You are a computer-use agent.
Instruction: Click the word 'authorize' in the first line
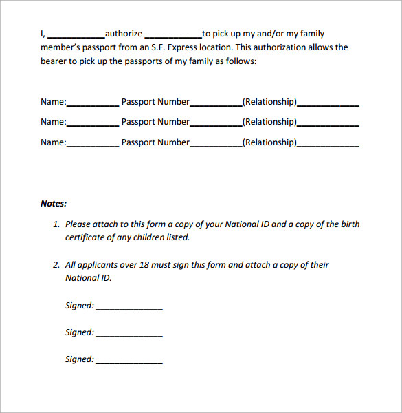(x=124, y=34)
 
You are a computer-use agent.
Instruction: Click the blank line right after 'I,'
(x=76, y=36)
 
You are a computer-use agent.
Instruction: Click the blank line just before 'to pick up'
(x=173, y=36)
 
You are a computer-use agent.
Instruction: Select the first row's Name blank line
(x=93, y=105)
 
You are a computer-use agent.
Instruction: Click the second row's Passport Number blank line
(x=216, y=125)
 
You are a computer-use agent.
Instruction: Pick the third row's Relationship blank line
(x=328, y=145)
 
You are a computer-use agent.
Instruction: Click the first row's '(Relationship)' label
(x=269, y=102)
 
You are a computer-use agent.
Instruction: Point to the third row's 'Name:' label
(x=53, y=142)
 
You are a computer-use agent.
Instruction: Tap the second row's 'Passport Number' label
(x=155, y=122)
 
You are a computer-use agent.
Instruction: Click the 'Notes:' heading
(x=54, y=204)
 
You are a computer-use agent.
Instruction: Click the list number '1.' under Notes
(x=56, y=224)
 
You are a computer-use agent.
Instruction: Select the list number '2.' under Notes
(x=56, y=265)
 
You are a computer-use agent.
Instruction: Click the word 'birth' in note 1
(x=348, y=224)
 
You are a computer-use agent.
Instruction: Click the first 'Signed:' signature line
(x=129, y=308)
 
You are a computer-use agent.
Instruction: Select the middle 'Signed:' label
(x=79, y=332)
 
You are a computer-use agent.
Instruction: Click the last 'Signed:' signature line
(x=129, y=362)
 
